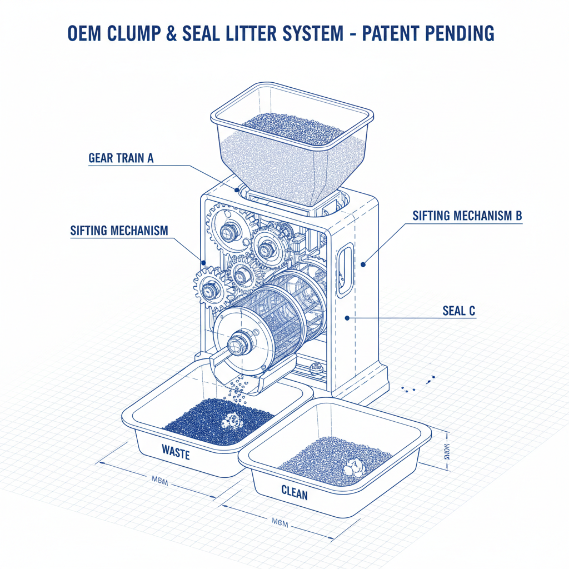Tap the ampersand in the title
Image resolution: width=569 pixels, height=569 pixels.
click(x=172, y=33)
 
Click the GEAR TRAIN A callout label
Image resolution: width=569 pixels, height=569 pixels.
click(x=121, y=158)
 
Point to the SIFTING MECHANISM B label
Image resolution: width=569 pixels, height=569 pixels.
click(x=467, y=216)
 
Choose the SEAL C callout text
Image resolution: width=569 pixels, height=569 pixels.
click(x=459, y=311)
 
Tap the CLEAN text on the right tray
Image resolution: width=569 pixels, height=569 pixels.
click(x=295, y=492)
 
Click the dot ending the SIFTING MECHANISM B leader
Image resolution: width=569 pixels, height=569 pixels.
click(x=363, y=264)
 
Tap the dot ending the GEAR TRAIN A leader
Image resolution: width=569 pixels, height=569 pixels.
click(x=237, y=189)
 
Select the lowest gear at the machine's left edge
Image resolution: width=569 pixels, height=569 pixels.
click(x=213, y=288)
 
